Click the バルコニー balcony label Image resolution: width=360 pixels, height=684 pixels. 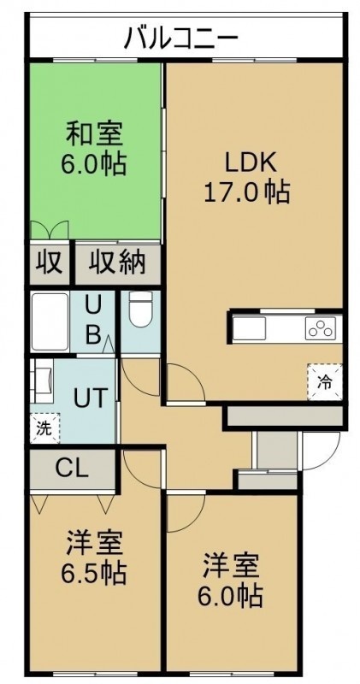click(x=180, y=38)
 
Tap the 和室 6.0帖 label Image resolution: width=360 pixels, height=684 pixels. click(x=94, y=148)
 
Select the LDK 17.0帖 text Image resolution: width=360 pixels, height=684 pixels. click(x=247, y=178)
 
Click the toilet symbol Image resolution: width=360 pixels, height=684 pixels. click(x=140, y=309)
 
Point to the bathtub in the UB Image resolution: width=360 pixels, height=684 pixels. click(x=50, y=322)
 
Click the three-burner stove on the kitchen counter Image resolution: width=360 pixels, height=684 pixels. click(x=321, y=328)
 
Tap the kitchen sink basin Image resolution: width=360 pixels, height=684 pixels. click(x=249, y=328)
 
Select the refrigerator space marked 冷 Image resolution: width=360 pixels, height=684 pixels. click(x=324, y=382)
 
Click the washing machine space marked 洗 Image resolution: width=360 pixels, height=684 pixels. click(x=44, y=428)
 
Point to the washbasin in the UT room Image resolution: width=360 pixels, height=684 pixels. click(x=43, y=380)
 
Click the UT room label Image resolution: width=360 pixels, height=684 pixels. click(x=90, y=398)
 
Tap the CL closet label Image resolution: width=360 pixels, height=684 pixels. click(x=72, y=469)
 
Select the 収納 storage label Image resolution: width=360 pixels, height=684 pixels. click(x=117, y=263)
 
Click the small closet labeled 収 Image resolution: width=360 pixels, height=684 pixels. click(x=49, y=263)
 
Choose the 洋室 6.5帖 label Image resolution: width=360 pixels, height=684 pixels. click(x=94, y=557)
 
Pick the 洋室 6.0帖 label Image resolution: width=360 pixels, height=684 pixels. click(x=230, y=581)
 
